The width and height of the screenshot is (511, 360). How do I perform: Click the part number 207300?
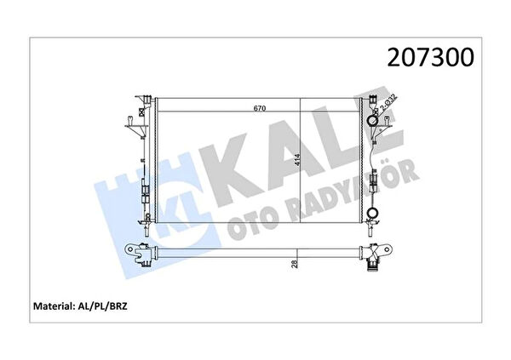(430, 58)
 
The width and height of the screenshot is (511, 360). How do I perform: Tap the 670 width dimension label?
(260, 108)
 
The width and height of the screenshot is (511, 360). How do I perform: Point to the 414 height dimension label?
(297, 160)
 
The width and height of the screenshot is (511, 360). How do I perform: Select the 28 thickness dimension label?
(295, 264)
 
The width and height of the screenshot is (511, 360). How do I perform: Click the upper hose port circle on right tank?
(372, 121)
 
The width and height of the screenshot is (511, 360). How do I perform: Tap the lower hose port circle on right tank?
(372, 213)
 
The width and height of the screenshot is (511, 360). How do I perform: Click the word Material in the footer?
(53, 306)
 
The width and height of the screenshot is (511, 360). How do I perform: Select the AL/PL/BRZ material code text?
(101, 306)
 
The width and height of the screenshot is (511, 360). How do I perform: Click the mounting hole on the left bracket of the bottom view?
(130, 249)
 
